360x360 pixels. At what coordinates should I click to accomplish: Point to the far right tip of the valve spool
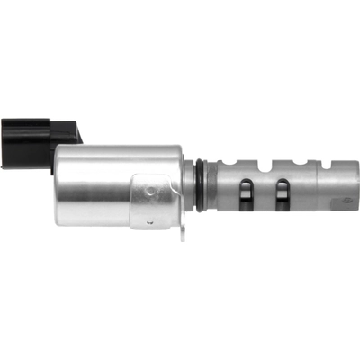click(x=357, y=186)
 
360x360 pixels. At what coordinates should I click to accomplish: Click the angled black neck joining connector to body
click(x=67, y=135)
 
